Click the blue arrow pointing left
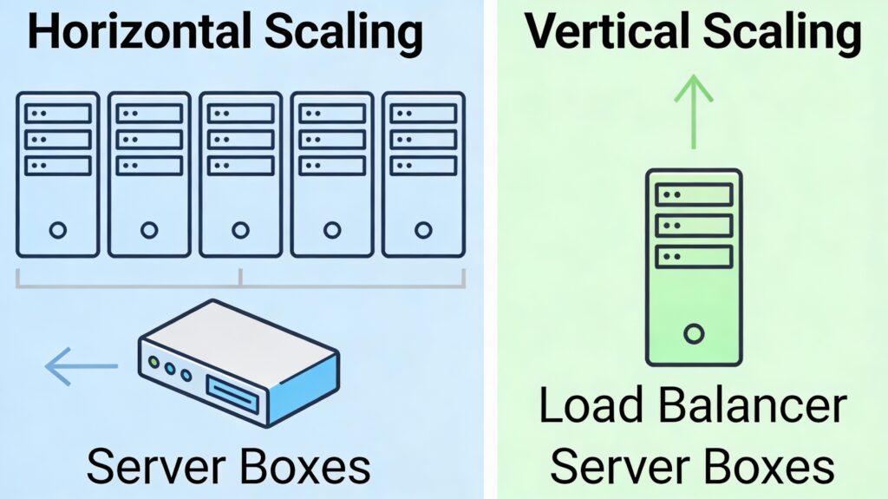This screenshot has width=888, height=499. [x=80, y=367]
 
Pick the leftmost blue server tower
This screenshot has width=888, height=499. [x=58, y=174]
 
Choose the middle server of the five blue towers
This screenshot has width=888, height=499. [x=241, y=174]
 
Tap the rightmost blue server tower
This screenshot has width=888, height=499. [x=423, y=174]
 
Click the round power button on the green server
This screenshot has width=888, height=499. [x=693, y=332]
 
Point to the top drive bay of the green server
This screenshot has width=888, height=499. [x=693, y=194]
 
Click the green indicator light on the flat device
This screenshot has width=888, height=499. [x=154, y=362]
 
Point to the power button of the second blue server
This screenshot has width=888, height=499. [x=149, y=230]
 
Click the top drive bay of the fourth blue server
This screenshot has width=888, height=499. [x=332, y=113]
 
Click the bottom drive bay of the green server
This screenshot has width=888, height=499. [x=693, y=256]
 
